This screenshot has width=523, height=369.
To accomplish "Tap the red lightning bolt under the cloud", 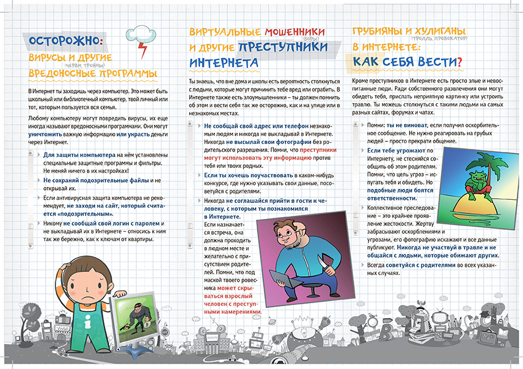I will [144, 48].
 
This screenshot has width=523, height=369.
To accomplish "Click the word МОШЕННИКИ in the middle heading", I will [289, 31].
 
